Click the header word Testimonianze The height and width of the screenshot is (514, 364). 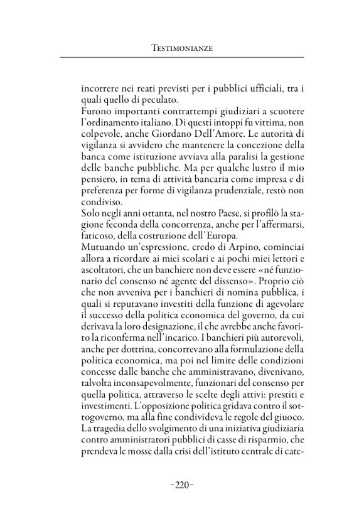pos(181,46)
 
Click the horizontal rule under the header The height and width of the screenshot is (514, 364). pos(181,58)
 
